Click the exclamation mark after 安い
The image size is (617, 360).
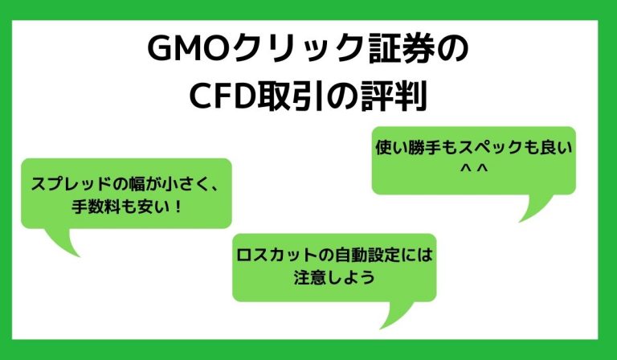pyautogui.click(x=178, y=207)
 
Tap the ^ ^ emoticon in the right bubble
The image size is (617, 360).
pyautogui.click(x=472, y=170)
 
